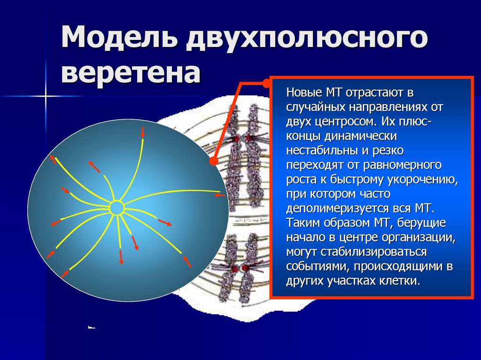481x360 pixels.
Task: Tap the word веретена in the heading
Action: point(131,74)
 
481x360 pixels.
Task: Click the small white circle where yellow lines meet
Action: point(116,207)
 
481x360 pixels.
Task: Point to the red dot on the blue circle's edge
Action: point(213,161)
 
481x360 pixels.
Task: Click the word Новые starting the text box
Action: point(303,92)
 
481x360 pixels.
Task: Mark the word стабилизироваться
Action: point(374,252)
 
